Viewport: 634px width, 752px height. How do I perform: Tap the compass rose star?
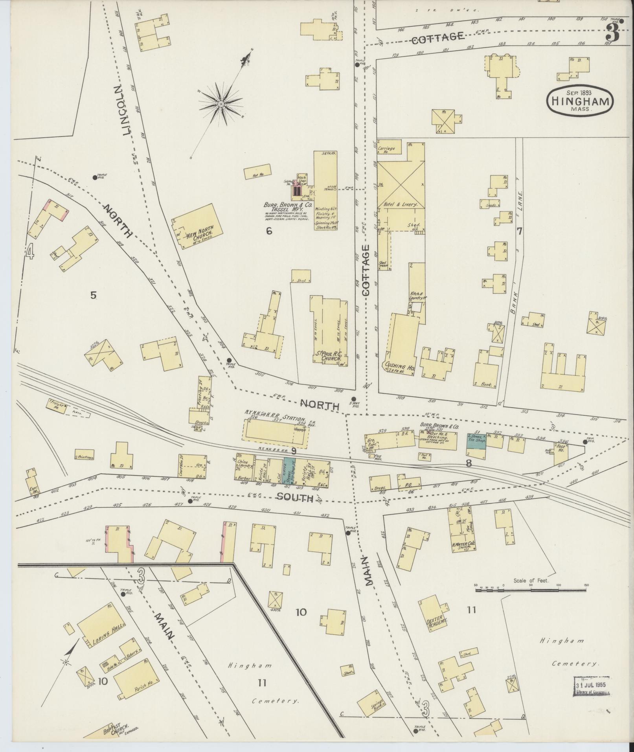point(221,104)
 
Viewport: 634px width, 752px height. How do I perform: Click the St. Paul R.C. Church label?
point(330,356)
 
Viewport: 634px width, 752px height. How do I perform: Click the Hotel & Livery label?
point(401,205)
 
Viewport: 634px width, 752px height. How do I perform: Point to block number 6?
point(269,231)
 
